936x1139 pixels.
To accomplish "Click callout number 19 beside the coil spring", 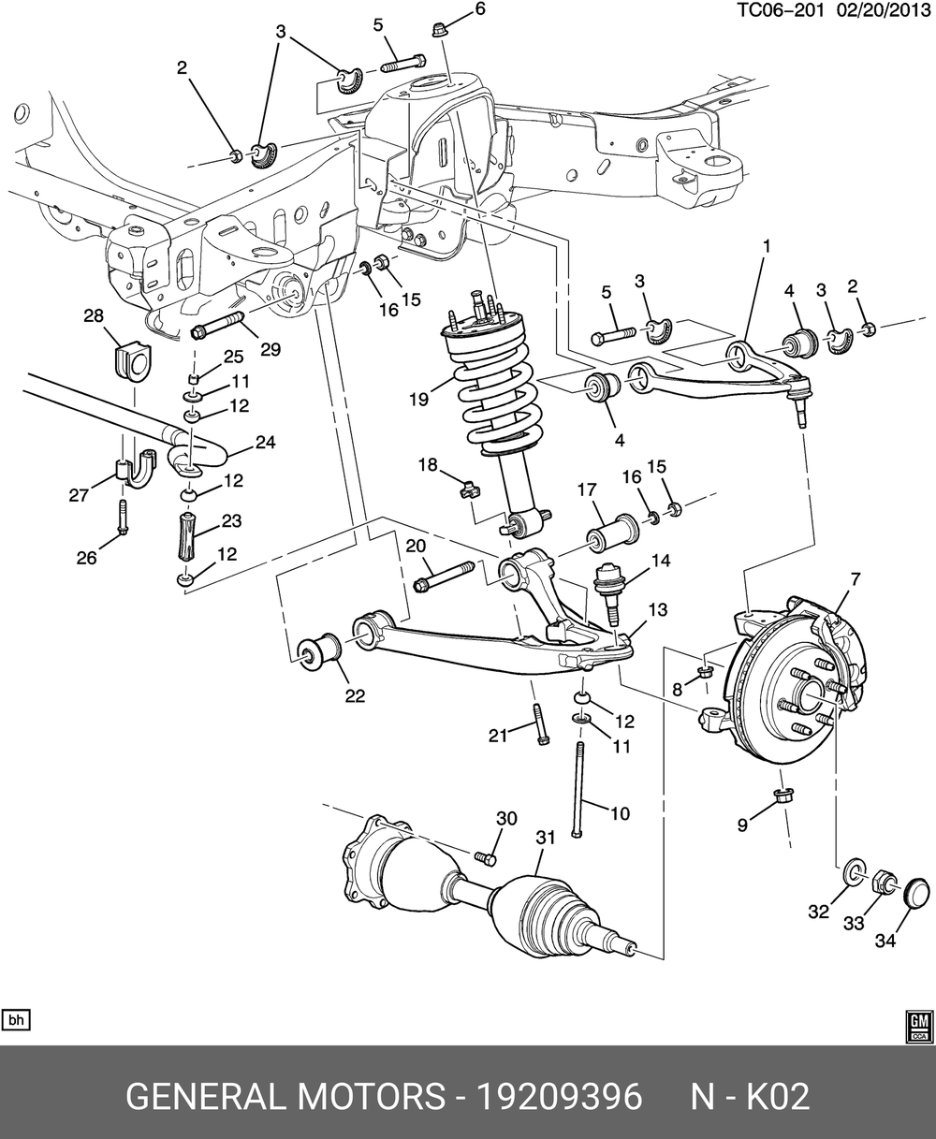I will click(x=417, y=399).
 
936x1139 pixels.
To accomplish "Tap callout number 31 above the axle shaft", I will click(x=545, y=840).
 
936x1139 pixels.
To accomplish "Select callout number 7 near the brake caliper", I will click(x=855, y=579).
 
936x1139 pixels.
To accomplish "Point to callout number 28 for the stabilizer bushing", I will click(x=94, y=316).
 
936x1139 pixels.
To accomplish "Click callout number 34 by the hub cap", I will click(x=885, y=941).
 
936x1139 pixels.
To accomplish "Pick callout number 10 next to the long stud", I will click(x=620, y=813).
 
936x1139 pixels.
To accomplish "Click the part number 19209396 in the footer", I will click(x=560, y=1096).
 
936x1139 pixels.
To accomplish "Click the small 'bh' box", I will click(x=16, y=1019).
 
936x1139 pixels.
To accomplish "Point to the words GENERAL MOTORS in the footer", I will click(x=285, y=1096).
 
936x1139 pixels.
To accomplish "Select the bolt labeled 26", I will click(x=123, y=518).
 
